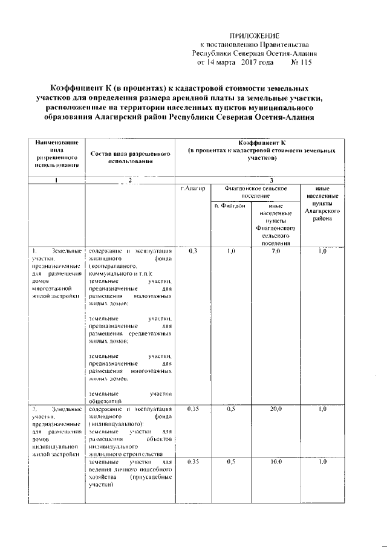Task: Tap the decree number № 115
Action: click(x=304, y=62)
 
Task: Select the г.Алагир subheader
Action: click(x=193, y=189)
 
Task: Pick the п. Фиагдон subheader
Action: click(x=230, y=206)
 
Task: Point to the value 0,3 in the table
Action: click(x=193, y=250)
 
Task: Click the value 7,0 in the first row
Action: click(x=276, y=250)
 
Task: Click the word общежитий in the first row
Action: click(x=106, y=400)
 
